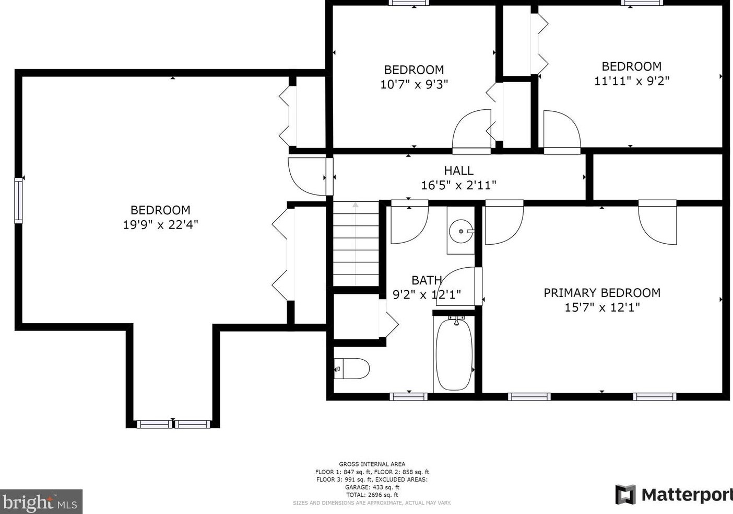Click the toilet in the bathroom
352,368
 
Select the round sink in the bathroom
461,230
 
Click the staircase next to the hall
356,244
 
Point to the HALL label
458,170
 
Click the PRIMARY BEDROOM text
602,293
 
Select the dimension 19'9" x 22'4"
160,225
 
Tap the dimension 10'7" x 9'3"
414,84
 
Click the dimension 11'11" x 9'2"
632,81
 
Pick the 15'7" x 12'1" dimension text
602,307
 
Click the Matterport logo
674,494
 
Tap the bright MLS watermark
41,502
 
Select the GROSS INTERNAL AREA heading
372,464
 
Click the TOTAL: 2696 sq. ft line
372,495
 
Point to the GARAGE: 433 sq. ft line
372,487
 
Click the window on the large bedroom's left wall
19,200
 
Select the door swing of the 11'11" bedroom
561,131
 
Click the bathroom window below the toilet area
408,397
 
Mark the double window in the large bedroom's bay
173,424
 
